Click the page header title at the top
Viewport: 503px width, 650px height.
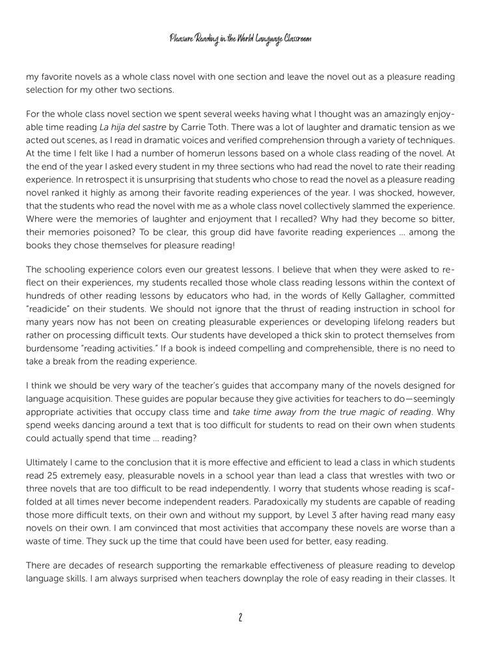click(x=240, y=40)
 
